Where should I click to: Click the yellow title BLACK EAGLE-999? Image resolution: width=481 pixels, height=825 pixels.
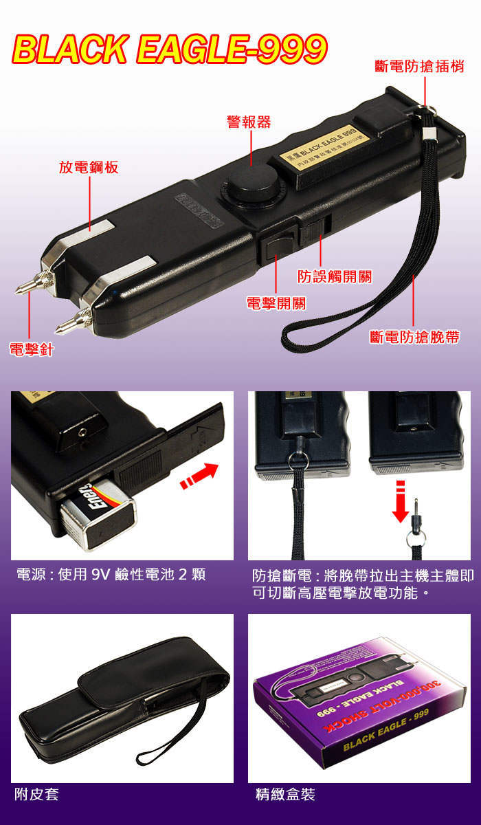point(169,49)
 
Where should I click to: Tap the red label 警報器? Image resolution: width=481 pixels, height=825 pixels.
point(249,122)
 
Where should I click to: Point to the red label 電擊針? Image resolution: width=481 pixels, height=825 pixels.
point(32,349)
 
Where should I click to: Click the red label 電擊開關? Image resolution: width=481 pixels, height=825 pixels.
point(276,303)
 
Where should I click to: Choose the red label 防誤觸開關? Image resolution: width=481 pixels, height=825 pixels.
point(334,276)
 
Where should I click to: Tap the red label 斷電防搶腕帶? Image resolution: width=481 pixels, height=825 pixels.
point(414,337)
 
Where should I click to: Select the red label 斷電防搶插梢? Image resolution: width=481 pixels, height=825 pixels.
point(419,67)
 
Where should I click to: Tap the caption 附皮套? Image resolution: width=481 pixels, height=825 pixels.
point(36,795)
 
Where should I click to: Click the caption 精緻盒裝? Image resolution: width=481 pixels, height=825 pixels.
point(284,795)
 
